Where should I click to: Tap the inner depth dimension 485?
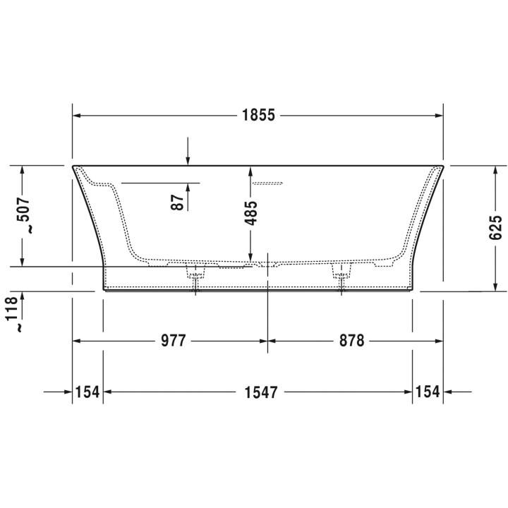pyautogui.click(x=250, y=213)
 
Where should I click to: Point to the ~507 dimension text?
pyautogui.click(x=23, y=216)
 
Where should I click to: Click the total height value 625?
pyautogui.click(x=495, y=229)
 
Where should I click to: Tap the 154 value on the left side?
pyautogui.click(x=87, y=391)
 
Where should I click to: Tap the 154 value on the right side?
pyautogui.click(x=428, y=391)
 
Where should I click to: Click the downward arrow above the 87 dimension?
pyautogui.click(x=188, y=161)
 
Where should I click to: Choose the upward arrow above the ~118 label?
pyautogui.click(x=23, y=295)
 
